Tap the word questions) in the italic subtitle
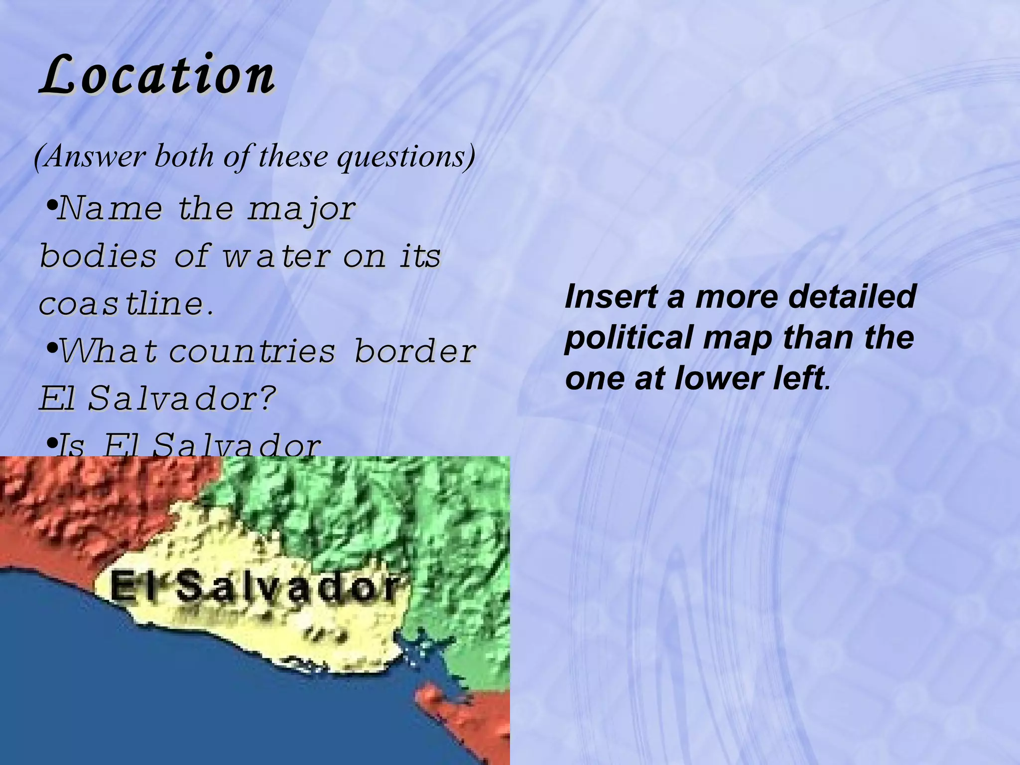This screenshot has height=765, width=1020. click(x=406, y=156)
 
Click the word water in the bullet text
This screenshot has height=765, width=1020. click(x=277, y=256)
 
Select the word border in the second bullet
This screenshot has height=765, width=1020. click(x=415, y=351)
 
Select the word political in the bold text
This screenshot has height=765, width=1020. click(x=628, y=338)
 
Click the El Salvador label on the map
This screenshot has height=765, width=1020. click(x=255, y=587)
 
